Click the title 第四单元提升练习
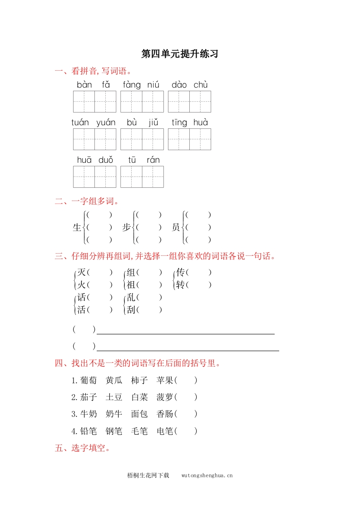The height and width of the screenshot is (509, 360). pyautogui.click(x=180, y=54)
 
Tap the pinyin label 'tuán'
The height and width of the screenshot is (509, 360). pyautogui.click(x=80, y=122)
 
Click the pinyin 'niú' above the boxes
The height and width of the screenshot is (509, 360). pyautogui.click(x=153, y=85)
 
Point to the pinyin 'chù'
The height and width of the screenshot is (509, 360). pyautogui.click(x=200, y=85)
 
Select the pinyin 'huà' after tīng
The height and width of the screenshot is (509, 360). pyautogui.click(x=200, y=122)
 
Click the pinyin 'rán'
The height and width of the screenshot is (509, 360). pyautogui.click(x=153, y=160)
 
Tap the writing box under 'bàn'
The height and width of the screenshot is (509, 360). pyautogui.click(x=84, y=102)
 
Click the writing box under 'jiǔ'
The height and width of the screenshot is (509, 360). pyautogui.click(x=153, y=139)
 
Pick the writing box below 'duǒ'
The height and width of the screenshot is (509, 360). pyautogui.click(x=105, y=177)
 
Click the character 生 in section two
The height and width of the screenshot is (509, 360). pyautogui.click(x=77, y=228)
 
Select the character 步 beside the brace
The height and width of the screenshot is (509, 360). pyautogui.click(x=127, y=228)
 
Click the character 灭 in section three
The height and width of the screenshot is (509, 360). pyautogui.click(x=81, y=272)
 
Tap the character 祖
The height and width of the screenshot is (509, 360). pyautogui.click(x=131, y=285)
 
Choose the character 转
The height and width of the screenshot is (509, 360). pyautogui.click(x=181, y=285)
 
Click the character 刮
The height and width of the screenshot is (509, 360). pyautogui.click(x=131, y=310)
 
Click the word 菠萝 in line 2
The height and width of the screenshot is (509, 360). pyautogui.click(x=165, y=397)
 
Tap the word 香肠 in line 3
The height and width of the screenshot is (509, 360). pyautogui.click(x=165, y=414)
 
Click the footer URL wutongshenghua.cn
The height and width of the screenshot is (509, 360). pyautogui.click(x=207, y=475)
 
